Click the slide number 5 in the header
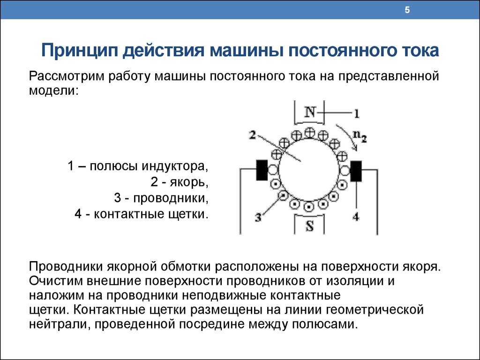407,10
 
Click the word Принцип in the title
80,51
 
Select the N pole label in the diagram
310,112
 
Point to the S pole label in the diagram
310,226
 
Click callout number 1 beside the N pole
356,114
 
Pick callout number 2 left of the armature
252,135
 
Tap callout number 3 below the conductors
258,217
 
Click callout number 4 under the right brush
356,217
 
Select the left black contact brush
262,170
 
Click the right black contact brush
356,171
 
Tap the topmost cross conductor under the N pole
310,133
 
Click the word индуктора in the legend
174,166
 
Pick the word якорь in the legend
189,182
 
